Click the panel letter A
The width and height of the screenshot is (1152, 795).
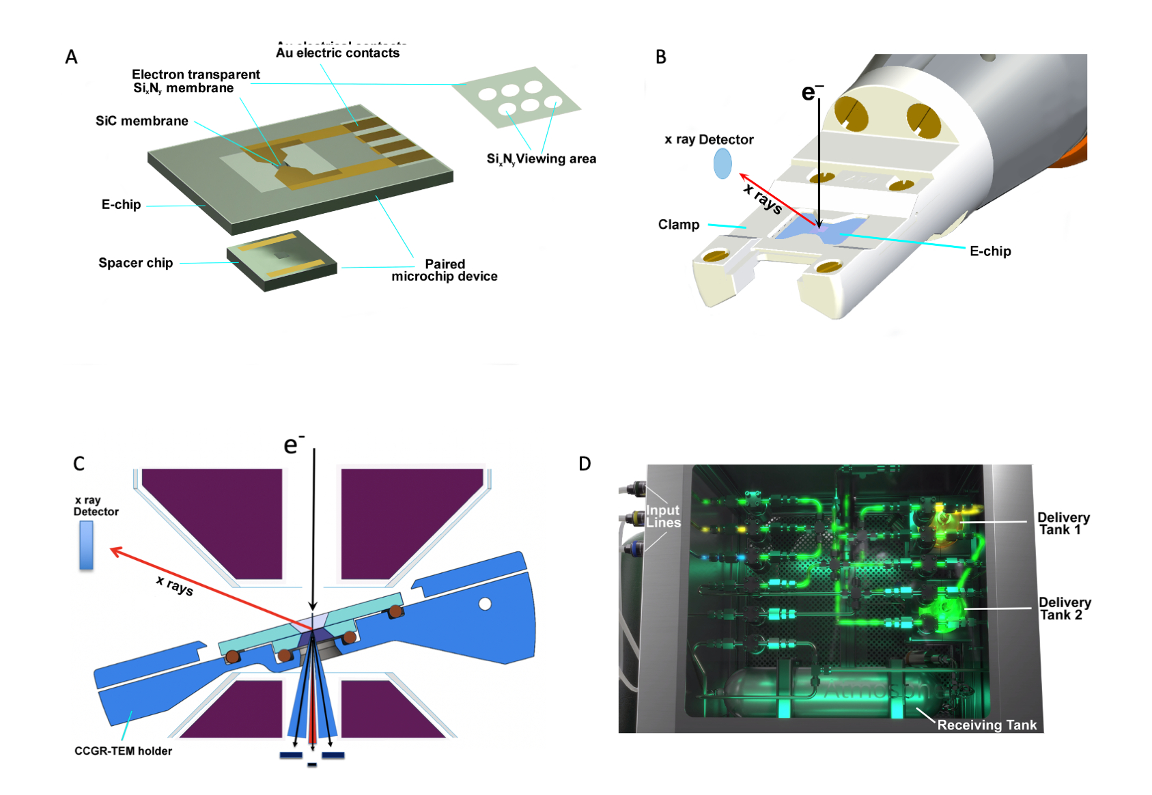point(71,57)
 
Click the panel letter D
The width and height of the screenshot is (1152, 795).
point(585,464)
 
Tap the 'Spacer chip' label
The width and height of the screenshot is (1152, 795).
point(135,263)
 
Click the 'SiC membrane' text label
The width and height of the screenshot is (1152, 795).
point(141,121)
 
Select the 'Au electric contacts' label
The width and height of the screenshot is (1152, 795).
point(337,53)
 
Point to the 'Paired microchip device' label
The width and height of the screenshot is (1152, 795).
point(445,270)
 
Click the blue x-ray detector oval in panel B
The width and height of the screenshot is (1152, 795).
point(722,164)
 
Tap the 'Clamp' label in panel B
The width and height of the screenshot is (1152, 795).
point(678,225)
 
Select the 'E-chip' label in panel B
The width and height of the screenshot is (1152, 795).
point(989,251)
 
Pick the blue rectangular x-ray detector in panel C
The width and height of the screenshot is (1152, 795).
point(86,545)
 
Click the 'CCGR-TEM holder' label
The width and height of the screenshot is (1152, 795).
point(123,751)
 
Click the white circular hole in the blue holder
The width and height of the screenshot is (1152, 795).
point(485,604)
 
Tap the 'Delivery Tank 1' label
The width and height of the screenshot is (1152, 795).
point(1063,523)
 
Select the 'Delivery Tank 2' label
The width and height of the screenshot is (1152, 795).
point(1064,609)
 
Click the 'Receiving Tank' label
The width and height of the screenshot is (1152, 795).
point(986,725)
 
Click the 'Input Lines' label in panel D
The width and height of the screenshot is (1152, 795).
point(663,516)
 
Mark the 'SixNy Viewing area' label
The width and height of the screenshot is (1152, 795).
point(541,159)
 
